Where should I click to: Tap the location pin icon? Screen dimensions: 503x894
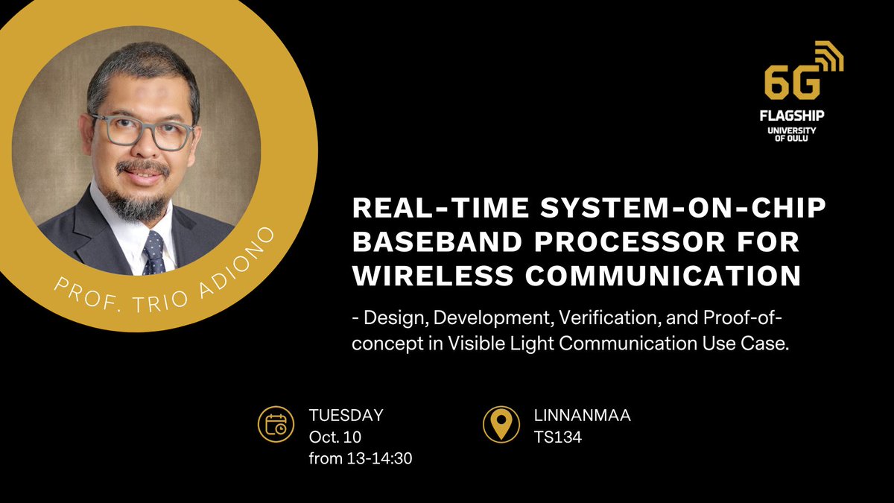(501, 425)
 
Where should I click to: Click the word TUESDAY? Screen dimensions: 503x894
(346, 416)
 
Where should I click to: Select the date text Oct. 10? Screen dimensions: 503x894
(335, 437)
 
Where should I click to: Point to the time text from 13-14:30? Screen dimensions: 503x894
(361, 458)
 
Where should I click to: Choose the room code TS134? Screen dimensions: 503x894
(557, 437)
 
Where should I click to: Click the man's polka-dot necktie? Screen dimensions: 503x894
(154, 253)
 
